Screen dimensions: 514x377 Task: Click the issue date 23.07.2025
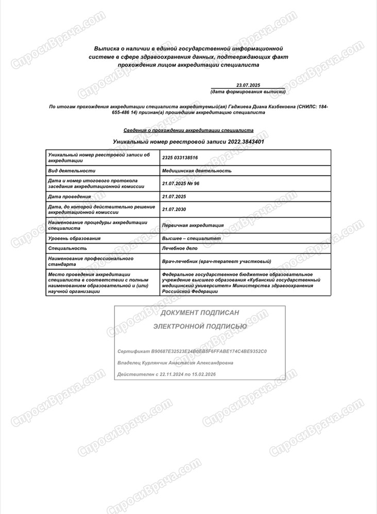click(249, 85)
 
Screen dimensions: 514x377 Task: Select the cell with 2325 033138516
click(180, 158)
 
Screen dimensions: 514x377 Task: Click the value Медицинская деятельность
click(197, 171)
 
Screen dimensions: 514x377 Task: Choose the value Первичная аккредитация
click(193, 225)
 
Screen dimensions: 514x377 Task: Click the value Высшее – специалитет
click(191, 238)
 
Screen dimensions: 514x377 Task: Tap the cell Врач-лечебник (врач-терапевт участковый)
click(216, 261)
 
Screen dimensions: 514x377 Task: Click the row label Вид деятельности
click(72, 171)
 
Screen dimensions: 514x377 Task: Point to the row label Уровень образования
click(74, 238)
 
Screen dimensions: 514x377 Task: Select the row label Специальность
click(67, 248)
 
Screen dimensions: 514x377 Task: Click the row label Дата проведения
click(69, 196)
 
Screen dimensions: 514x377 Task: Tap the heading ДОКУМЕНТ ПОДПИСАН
click(200, 313)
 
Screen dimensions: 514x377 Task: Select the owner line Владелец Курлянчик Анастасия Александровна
click(175, 363)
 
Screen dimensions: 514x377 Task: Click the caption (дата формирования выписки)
click(248, 91)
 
